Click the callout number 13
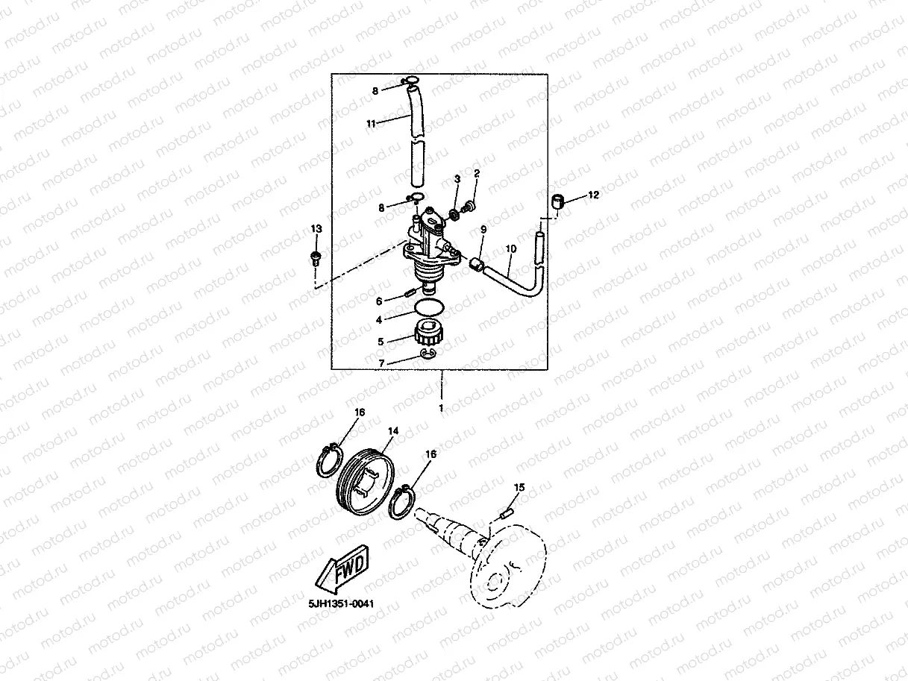tap(316, 229)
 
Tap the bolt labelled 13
tap(315, 259)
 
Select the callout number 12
tap(593, 195)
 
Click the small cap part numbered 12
tap(557, 200)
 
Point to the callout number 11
tap(371, 124)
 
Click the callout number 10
tap(511, 248)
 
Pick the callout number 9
tap(483, 230)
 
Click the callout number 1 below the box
tap(441, 408)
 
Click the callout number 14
tap(393, 431)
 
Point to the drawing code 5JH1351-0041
tap(339, 604)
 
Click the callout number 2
tap(477, 174)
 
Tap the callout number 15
tap(519, 487)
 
